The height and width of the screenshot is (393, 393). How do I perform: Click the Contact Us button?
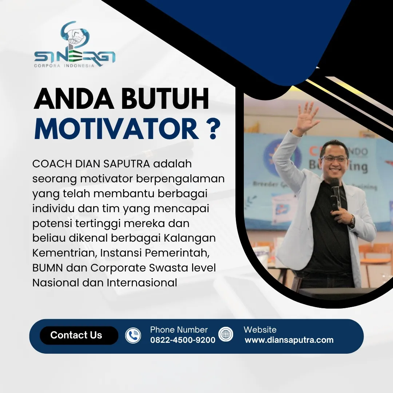pos(76,335)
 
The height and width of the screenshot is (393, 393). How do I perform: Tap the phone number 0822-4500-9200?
pos(183,340)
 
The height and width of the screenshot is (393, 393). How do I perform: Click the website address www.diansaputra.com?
pos(289,340)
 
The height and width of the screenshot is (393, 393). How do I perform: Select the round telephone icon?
pos(133,335)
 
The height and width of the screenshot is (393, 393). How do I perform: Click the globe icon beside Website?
pos(226,334)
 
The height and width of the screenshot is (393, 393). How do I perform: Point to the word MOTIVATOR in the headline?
pos(117,129)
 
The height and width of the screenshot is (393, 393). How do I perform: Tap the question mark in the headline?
pos(214,129)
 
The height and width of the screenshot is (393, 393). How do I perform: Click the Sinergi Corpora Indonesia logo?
pos(75,45)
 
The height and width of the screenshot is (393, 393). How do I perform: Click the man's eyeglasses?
pos(334,159)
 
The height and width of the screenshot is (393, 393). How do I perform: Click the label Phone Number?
pos(179,330)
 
